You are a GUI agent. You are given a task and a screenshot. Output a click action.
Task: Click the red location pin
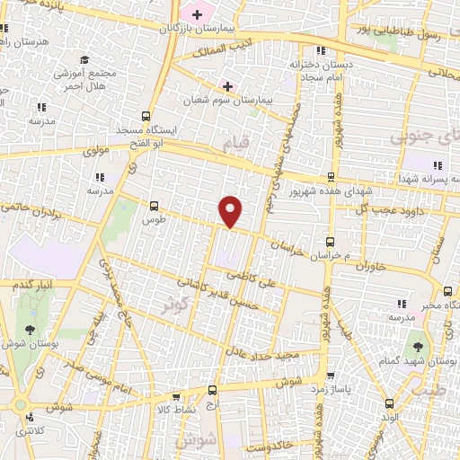click(231, 211)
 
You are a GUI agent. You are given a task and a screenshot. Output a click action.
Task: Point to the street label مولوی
click(95, 152)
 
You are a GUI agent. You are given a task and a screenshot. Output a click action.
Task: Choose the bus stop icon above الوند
click(389, 402)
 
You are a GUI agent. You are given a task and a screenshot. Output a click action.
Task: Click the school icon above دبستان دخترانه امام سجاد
click(320, 51)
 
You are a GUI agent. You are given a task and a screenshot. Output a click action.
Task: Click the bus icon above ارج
click(212, 390)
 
